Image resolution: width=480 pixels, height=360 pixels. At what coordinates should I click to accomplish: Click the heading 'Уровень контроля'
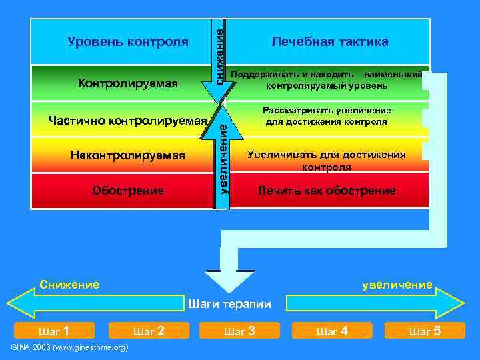(x=128, y=42)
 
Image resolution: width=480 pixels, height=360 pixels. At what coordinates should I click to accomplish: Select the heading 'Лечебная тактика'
(x=329, y=42)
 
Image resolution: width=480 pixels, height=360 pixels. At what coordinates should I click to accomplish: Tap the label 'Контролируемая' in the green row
(x=128, y=83)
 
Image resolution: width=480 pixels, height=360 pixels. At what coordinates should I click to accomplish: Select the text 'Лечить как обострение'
(x=327, y=191)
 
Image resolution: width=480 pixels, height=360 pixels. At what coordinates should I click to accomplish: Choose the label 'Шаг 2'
(x=149, y=331)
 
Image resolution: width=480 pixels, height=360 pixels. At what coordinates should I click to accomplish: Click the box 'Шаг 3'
(x=239, y=331)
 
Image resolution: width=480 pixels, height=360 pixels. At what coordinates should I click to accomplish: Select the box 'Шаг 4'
(x=331, y=331)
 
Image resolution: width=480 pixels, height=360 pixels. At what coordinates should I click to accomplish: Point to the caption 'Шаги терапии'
(x=230, y=305)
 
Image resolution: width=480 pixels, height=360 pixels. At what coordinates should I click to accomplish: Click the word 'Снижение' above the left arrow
(x=69, y=285)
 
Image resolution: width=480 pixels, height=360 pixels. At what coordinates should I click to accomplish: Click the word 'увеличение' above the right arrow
(x=397, y=285)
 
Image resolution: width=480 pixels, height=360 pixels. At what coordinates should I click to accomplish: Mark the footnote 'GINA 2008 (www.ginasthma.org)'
(x=70, y=348)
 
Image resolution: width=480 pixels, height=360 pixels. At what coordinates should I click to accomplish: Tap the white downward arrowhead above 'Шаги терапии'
(x=230, y=279)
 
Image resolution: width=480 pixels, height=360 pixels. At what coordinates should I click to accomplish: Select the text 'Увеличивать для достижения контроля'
(x=327, y=161)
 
